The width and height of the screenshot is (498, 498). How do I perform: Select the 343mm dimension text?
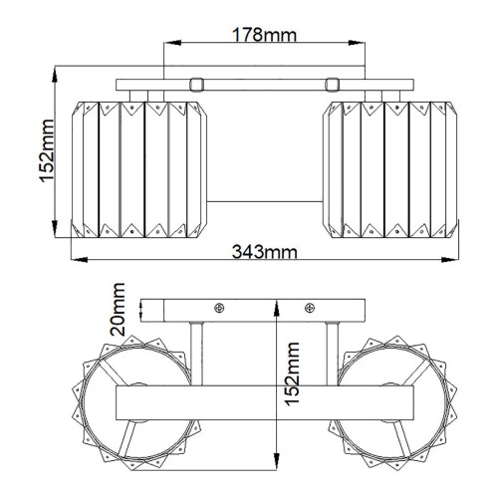tap(264, 251)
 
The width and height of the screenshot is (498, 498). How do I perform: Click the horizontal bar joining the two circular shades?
tap(264, 403)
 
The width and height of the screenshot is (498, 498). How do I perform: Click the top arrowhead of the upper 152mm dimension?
tap(57, 73)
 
